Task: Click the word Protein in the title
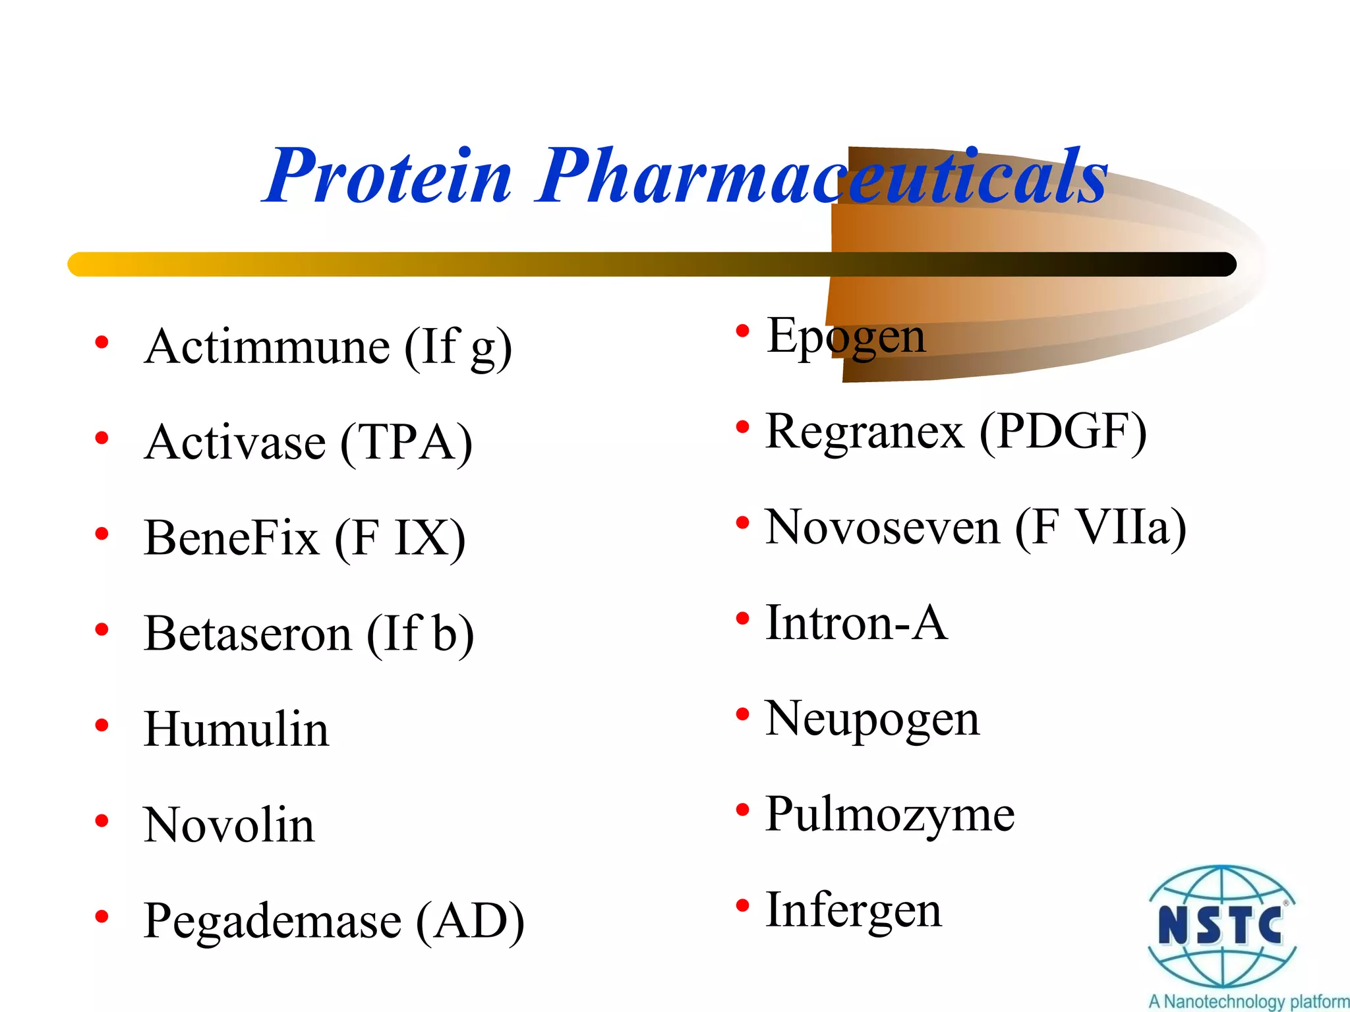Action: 389,177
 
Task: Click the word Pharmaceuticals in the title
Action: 821,177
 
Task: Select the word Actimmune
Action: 267,347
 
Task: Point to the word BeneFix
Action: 231,538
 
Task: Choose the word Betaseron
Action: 248,634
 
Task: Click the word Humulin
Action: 236,729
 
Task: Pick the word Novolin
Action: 229,825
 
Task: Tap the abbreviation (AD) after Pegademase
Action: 470,921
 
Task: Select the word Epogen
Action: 846,337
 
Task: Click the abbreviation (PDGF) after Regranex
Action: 1063,432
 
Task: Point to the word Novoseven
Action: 882,528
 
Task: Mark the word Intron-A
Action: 856,623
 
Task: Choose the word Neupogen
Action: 871,719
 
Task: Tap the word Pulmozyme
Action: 889,815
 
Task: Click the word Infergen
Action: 853,911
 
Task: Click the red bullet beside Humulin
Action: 102,726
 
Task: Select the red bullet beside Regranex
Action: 743,428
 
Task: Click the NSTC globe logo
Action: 1221,925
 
